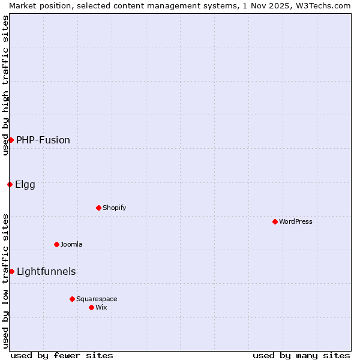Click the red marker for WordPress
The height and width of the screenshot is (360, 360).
pyautogui.click(x=275, y=221)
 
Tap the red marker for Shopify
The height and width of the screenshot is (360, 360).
pyautogui.click(x=98, y=208)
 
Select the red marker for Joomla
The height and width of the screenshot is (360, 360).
pyautogui.click(x=56, y=244)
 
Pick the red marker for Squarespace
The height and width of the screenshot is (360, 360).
pyautogui.click(x=72, y=299)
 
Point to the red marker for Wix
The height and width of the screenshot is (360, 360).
pyautogui.click(x=91, y=307)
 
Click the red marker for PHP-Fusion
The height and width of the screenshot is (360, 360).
pyautogui.click(x=11, y=140)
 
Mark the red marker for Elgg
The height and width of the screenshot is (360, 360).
pyautogui.click(x=10, y=184)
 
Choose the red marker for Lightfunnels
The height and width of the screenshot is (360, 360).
pyautogui.click(x=11, y=271)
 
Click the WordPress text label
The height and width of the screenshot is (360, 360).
pyautogui.click(x=296, y=221)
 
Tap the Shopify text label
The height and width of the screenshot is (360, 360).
pyautogui.click(x=114, y=208)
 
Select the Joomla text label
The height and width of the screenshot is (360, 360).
pyautogui.click(x=71, y=244)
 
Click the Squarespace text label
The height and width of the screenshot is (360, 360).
pyautogui.click(x=97, y=299)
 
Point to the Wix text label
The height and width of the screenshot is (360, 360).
pyautogui.click(x=101, y=307)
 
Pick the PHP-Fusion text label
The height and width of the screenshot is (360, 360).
pyautogui.click(x=43, y=140)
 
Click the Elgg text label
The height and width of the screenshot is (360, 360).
pyautogui.click(x=25, y=184)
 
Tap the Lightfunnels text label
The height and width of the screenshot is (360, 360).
pyautogui.click(x=46, y=271)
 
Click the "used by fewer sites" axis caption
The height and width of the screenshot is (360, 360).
pyautogui.click(x=62, y=355)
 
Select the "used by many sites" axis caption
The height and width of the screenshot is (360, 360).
pyautogui.click(x=301, y=355)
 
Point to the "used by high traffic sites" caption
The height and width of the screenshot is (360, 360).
pyautogui.click(x=5, y=85)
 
